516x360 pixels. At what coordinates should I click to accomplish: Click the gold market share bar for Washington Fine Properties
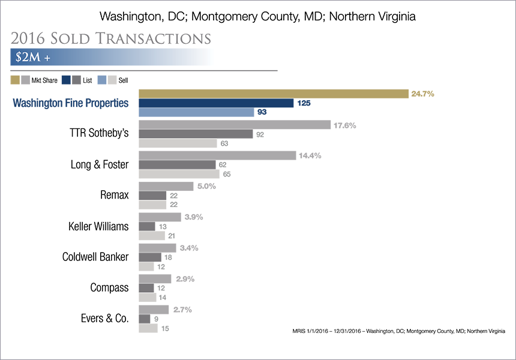point(274,94)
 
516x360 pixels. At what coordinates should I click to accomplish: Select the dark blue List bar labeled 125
point(216,103)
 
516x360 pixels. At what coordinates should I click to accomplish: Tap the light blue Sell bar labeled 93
point(196,112)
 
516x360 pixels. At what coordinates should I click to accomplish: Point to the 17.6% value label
point(345,125)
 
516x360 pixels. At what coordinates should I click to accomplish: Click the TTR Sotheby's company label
point(99,133)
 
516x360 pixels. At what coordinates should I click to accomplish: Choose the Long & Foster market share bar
point(217,155)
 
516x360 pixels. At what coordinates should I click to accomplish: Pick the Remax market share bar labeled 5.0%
point(166,186)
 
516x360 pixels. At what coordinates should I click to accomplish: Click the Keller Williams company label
point(98,226)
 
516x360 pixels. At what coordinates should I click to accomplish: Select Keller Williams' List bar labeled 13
point(147,226)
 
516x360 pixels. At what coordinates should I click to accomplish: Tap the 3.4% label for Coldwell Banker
point(189,248)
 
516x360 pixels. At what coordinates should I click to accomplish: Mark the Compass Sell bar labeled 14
point(148,298)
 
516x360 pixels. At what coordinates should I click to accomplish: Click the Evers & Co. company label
point(104,318)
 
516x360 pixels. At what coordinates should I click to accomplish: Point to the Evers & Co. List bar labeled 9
point(145,319)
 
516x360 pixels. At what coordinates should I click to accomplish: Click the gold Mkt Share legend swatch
point(15,80)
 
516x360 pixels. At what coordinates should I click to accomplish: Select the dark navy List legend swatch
point(66,80)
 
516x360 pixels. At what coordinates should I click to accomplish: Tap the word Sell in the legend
point(123,80)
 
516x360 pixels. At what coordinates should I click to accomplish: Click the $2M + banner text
point(33,57)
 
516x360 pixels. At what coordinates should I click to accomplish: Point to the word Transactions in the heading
point(153,38)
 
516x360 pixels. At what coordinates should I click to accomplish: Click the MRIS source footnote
point(398,331)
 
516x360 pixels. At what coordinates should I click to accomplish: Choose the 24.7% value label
point(422,94)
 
